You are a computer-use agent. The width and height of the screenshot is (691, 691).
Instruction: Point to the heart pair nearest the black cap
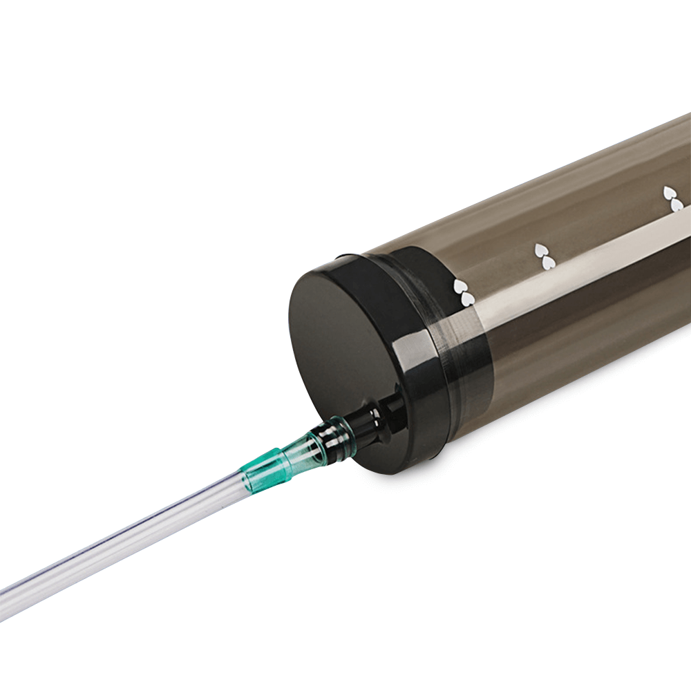click(464, 292)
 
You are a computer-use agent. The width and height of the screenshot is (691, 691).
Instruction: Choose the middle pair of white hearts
click(544, 255)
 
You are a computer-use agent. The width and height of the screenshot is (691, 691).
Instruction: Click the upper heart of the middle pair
click(540, 249)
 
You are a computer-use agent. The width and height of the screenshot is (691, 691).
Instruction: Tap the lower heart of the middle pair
click(547, 261)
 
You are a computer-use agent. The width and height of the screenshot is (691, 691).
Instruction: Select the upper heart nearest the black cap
click(459, 285)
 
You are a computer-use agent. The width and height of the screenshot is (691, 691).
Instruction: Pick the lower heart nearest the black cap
click(468, 299)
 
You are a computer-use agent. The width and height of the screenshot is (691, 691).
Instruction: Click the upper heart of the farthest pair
click(670, 192)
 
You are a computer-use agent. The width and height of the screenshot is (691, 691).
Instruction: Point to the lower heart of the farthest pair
click(677, 205)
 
